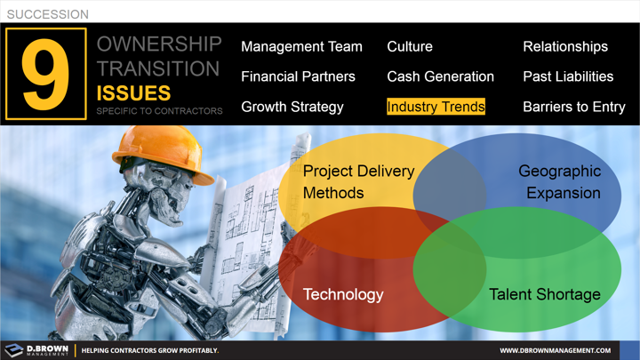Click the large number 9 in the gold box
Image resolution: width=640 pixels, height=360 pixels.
coord(45,75)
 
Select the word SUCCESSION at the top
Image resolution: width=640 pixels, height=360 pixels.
coord(47,14)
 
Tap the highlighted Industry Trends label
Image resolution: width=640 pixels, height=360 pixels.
coord(436,107)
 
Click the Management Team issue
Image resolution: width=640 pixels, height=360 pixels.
coord(301,46)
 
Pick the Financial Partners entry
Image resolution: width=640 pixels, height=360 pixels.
coord(298,76)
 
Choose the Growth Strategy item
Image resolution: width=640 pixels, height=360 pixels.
coord(292,107)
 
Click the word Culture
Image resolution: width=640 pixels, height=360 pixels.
coord(410,46)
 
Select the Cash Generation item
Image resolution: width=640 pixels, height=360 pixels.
coord(440,76)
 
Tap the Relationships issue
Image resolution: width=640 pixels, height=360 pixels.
coord(565,46)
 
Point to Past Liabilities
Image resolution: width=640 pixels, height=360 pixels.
coord(568,76)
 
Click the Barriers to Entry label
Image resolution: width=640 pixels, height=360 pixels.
coord(573,107)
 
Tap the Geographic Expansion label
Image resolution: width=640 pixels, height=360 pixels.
coord(560,181)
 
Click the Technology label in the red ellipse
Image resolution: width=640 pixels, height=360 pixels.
coord(343,294)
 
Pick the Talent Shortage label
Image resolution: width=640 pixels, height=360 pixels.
coord(545,294)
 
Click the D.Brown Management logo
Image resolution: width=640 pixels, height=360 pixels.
coord(36,350)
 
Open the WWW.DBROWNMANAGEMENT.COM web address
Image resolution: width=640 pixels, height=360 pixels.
coord(555,350)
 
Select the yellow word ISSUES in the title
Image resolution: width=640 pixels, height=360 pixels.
coord(133,92)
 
